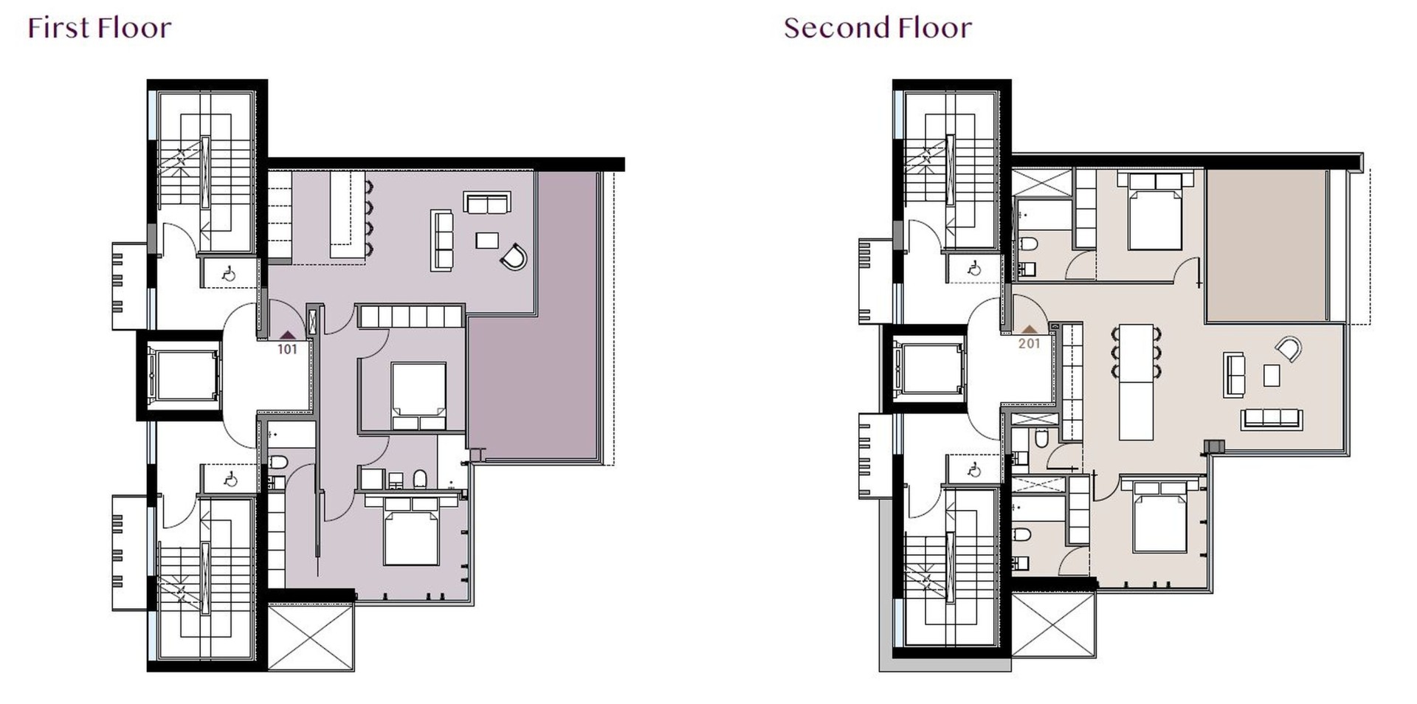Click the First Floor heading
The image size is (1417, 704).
tap(100, 28)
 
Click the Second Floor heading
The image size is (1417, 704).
tap(878, 28)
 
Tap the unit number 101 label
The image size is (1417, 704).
tap(287, 350)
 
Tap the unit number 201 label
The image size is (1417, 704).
tap(1029, 343)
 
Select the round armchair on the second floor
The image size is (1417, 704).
tap(1288, 348)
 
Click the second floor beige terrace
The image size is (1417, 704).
tap(1265, 245)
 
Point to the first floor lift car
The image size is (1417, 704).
tap(182, 376)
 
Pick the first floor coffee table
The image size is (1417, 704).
tap(487, 240)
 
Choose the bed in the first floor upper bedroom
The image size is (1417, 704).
tap(418, 396)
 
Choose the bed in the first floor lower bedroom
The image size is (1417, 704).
tap(411, 531)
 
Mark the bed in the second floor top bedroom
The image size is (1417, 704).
tap(1155, 211)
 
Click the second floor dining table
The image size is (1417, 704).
tap(1137, 382)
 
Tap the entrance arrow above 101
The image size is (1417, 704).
tap(287, 335)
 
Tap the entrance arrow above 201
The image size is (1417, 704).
tap(1029, 329)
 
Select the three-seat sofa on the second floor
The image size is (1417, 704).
tap(1271, 418)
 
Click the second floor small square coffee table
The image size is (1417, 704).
tap(1272, 375)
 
